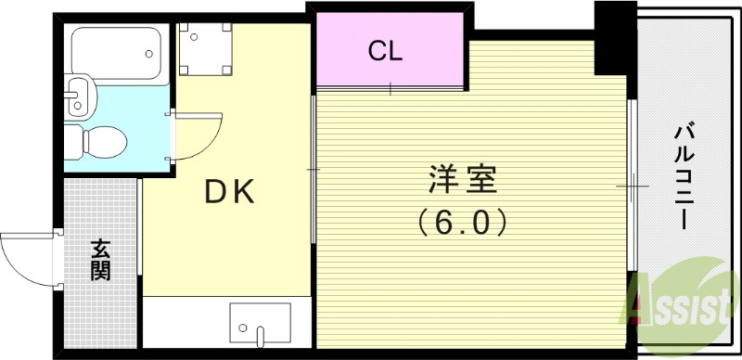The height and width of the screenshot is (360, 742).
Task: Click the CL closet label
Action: pyautogui.click(x=385, y=51)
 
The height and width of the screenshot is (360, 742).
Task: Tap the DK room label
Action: pyautogui.click(x=229, y=192)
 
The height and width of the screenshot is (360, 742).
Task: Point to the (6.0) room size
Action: pyautogui.click(x=462, y=222)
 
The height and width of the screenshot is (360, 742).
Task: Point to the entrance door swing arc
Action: pyautogui.click(x=28, y=259)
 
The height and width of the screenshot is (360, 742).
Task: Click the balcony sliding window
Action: pyautogui.click(x=632, y=186)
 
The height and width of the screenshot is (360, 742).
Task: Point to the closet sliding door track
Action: pyautogui.click(x=390, y=90)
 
